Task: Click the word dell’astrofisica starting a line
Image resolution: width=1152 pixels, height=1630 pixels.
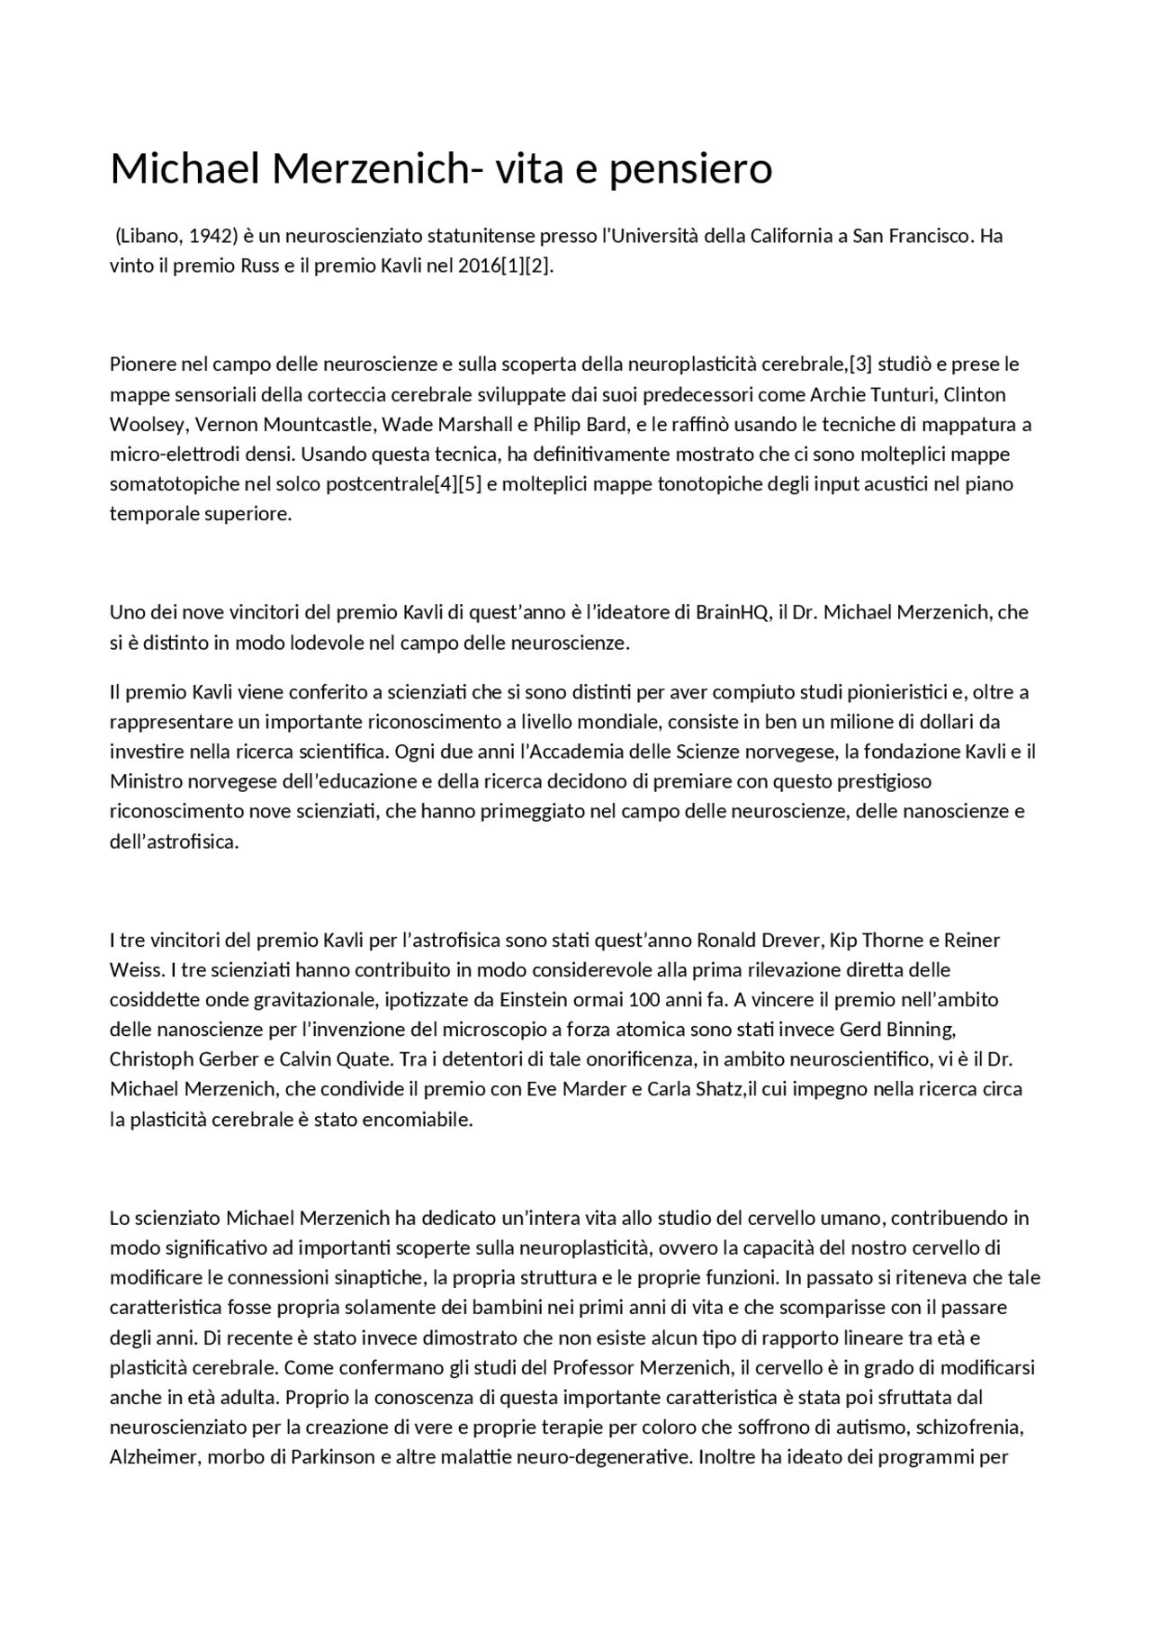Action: click(x=173, y=842)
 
